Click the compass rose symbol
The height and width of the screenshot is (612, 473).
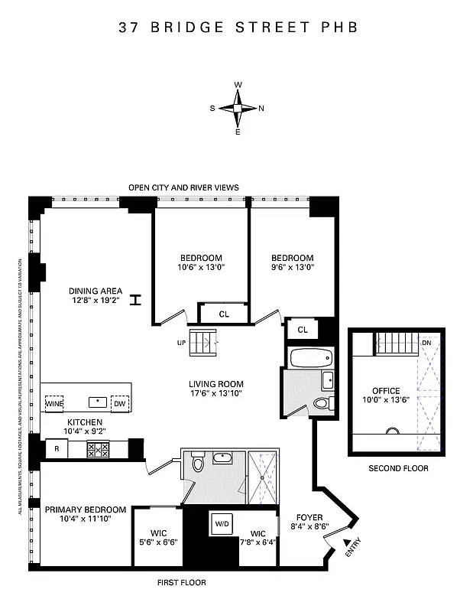point(238,108)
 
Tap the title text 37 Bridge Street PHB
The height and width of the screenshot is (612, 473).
point(238,28)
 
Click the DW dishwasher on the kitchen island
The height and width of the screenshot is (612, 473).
point(119,403)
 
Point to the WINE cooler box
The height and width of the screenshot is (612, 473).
point(53,403)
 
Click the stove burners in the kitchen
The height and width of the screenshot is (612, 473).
point(97,450)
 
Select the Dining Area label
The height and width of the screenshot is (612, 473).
point(96,291)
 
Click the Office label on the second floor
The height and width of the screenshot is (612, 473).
point(386,391)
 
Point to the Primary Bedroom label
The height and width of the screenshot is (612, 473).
point(85,509)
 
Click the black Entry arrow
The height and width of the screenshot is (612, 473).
point(337,542)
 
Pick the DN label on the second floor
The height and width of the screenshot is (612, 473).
point(426,343)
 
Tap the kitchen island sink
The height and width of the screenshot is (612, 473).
point(97,402)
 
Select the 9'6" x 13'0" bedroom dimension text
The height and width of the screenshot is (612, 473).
point(293,268)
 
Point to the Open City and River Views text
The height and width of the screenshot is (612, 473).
point(183,187)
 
